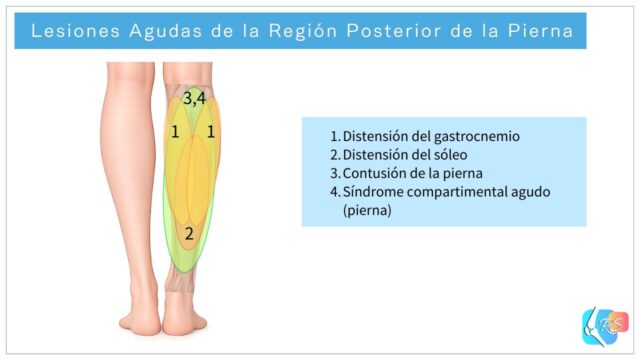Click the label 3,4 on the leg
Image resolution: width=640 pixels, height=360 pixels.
click(x=194, y=98)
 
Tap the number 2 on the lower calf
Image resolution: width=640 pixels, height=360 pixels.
click(x=188, y=234)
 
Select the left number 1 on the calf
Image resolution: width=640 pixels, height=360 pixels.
click(x=175, y=132)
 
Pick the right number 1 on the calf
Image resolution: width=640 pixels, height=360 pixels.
click(x=211, y=132)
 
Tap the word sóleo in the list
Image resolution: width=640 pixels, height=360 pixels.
click(x=448, y=155)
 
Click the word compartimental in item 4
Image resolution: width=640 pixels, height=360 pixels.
click(x=452, y=192)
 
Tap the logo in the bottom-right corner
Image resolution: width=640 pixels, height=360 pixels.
click(x=605, y=325)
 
